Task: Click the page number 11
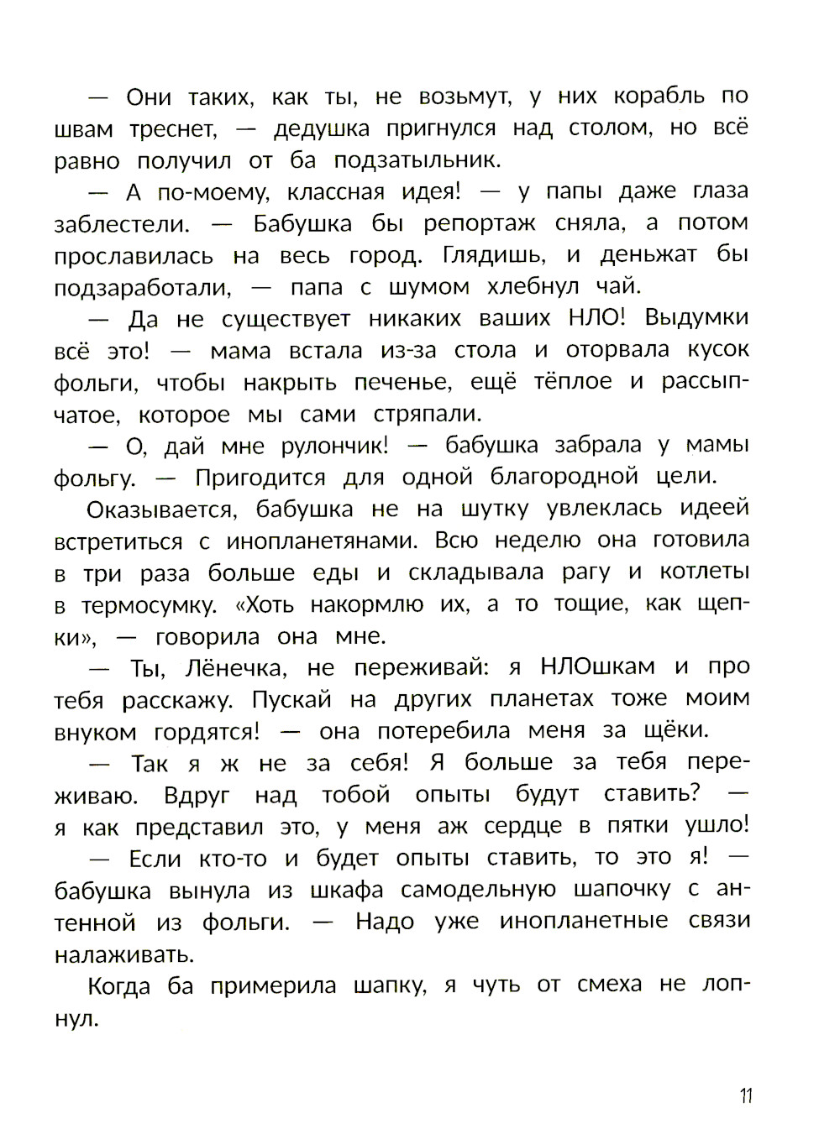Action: [x=746, y=1096]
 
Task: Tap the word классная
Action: [x=336, y=192]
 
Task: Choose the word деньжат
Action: [x=648, y=255]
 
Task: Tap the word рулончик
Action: [x=327, y=447]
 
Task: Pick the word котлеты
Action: [x=704, y=572]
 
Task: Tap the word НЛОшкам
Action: [x=596, y=667]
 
